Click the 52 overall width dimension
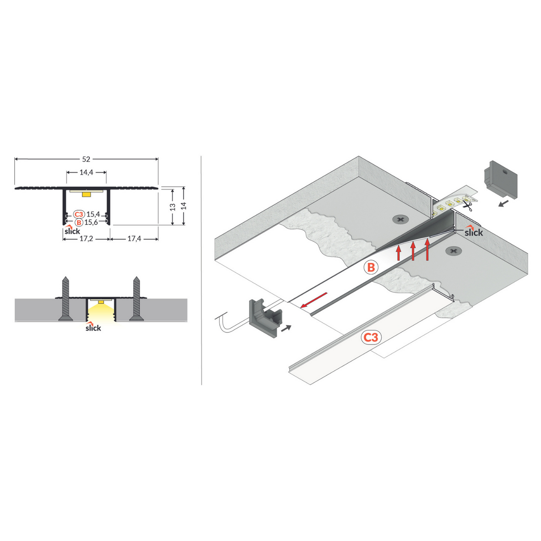[86, 159]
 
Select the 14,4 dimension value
[86, 172]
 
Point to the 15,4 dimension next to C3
[93, 214]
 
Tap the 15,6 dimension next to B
[91, 222]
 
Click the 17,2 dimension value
[86, 239]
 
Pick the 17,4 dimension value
[134, 239]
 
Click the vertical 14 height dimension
[184, 206]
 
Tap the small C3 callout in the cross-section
[79, 214]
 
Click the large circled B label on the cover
[371, 267]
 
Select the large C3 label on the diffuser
[371, 337]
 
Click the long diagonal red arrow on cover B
[314, 300]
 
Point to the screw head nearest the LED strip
[400, 219]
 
